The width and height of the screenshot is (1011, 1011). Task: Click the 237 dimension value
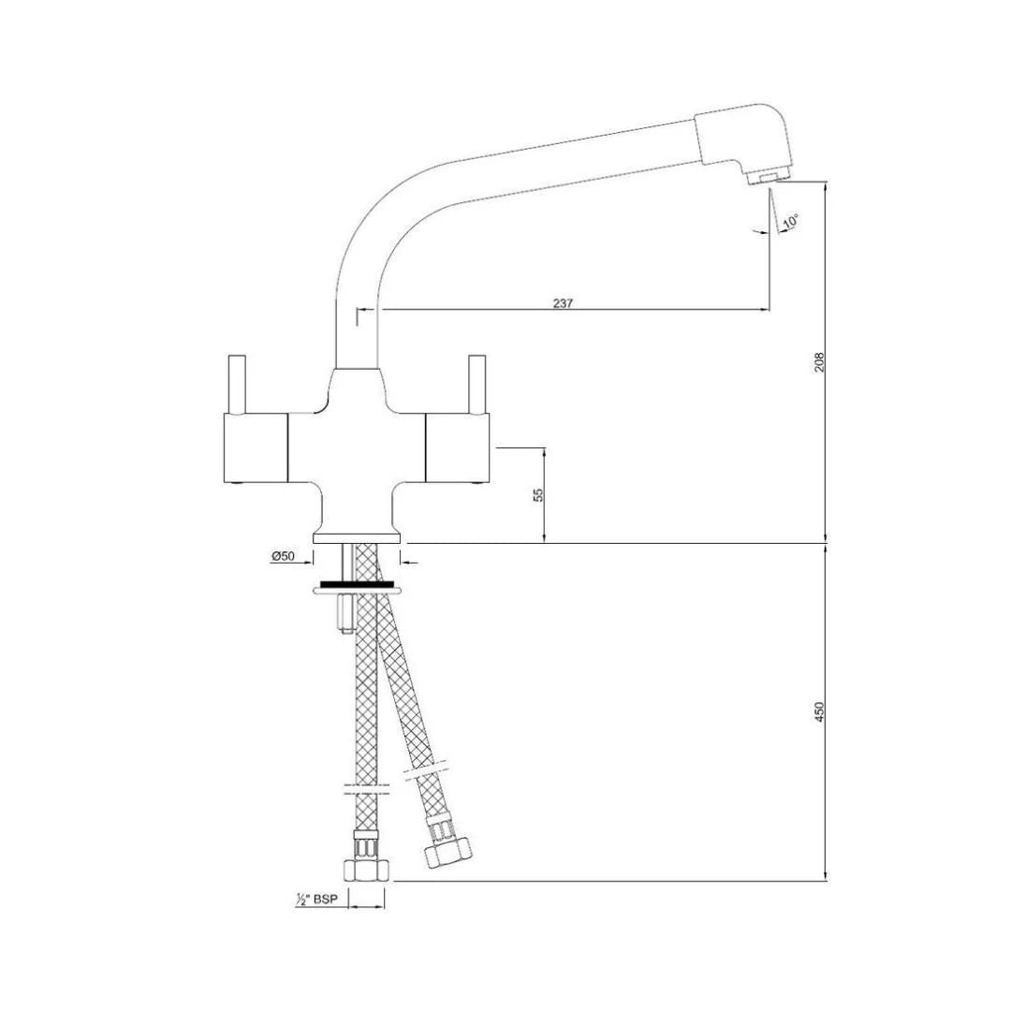click(562, 302)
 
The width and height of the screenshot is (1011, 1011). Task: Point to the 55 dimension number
click(537, 494)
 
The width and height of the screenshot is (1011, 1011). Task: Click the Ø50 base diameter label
click(283, 556)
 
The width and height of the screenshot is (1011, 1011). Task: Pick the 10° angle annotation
click(791, 222)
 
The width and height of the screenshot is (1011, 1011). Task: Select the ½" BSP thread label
click(315, 900)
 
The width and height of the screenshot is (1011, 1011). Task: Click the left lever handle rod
click(237, 384)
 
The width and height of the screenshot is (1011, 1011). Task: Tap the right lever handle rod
click(476, 384)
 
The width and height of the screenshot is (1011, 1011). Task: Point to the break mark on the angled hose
click(417, 772)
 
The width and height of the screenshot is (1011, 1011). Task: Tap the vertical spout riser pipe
click(356, 318)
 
